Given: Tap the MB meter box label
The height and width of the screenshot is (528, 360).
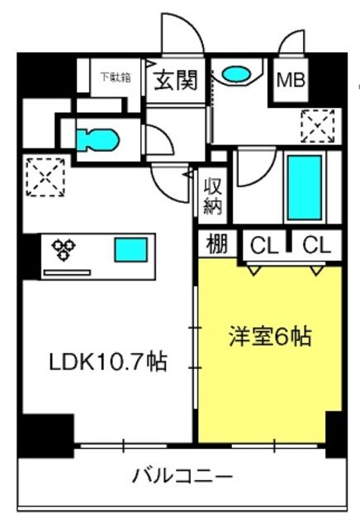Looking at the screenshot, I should point(290,81).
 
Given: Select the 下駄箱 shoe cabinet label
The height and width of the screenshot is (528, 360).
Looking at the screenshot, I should point(116,78).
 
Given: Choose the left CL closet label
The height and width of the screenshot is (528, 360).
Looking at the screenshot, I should point(265,245).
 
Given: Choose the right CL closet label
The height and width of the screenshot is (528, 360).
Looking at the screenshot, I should point(316,245).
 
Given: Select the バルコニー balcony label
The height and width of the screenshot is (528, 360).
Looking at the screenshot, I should point(181,476).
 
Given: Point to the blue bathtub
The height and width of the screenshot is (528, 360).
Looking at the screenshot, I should point(305,186).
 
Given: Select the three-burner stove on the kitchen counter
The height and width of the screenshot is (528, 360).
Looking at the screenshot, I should point(64,248).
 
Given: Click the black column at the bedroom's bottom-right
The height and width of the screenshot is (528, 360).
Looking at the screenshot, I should point(334,429).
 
